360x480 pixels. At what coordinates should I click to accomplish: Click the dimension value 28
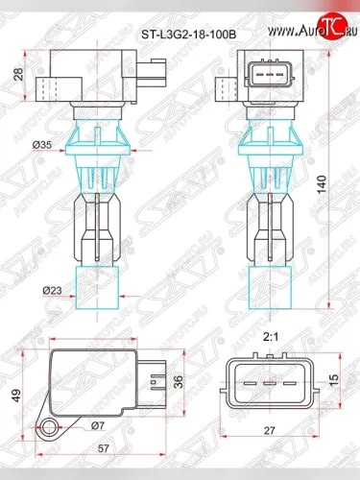20,76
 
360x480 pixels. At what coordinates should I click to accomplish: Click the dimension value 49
15,394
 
